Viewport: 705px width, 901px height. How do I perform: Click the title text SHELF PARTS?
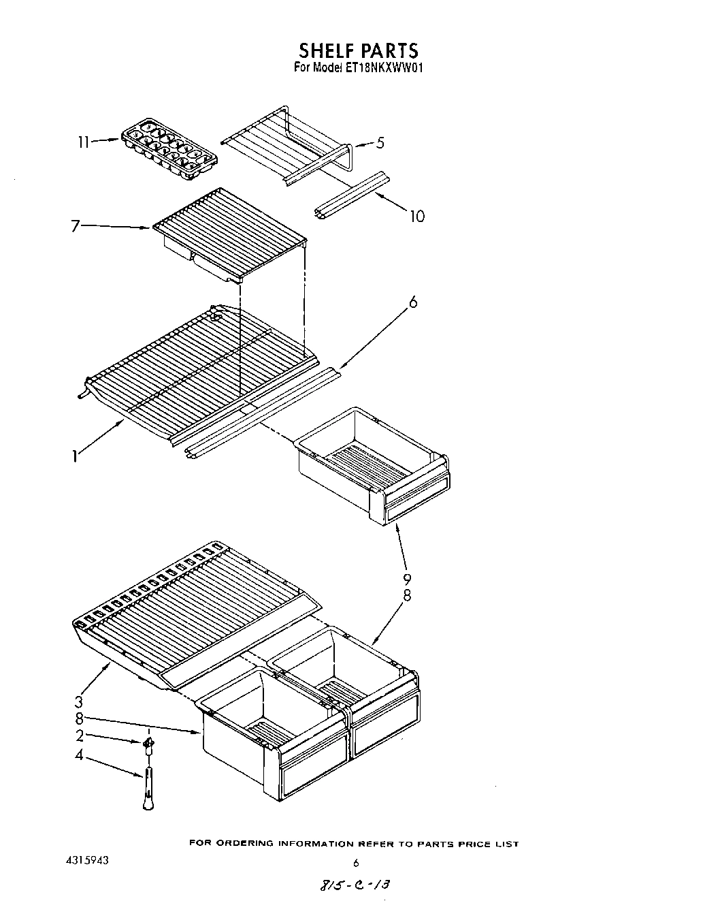[x=358, y=50]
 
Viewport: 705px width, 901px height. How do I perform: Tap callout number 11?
[x=84, y=142]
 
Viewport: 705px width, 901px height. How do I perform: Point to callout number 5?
[x=380, y=143]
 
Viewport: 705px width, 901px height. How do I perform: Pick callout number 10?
[x=416, y=216]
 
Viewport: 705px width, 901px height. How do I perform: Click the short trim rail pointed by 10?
[x=352, y=195]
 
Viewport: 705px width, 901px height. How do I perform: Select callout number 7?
[x=76, y=225]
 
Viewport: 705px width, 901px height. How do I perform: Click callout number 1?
[x=74, y=456]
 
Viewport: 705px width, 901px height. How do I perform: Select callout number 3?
[x=79, y=701]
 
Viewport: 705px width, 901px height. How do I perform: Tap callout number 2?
[x=80, y=736]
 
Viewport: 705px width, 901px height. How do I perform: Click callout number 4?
[x=80, y=755]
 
